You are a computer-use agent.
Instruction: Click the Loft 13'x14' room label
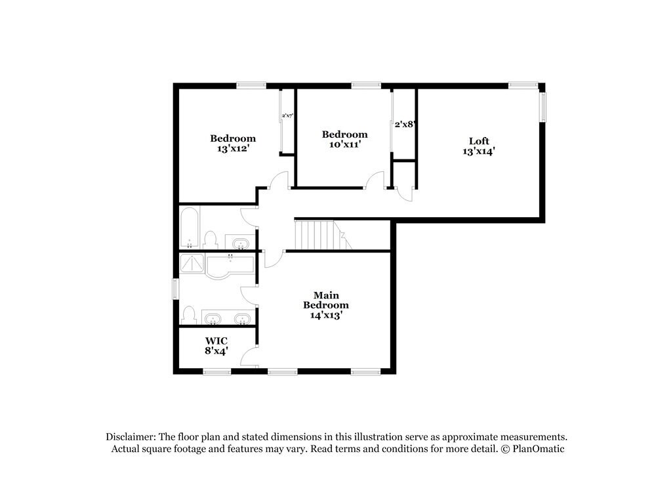pos(478,146)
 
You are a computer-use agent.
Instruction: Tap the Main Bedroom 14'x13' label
pos(325,304)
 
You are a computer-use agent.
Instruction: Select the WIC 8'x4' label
pos(216,346)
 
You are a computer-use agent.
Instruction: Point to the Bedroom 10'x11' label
pos(344,139)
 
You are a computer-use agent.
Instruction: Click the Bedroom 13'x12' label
pos(233,143)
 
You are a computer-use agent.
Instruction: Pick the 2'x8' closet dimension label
pos(405,123)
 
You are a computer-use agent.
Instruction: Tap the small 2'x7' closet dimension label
pos(287,116)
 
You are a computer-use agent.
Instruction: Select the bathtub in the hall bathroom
pos(189,228)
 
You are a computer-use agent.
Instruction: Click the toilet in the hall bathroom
pos(211,239)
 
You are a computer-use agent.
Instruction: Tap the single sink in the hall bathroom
pos(241,243)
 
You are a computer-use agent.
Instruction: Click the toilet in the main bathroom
pos(190,315)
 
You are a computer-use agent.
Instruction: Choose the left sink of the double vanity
pos(213,320)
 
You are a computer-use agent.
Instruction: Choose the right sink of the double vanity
pos(242,320)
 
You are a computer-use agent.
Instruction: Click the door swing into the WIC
pos(249,356)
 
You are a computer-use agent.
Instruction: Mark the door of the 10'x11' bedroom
pos(376,180)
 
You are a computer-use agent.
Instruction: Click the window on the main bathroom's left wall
pos(175,289)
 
